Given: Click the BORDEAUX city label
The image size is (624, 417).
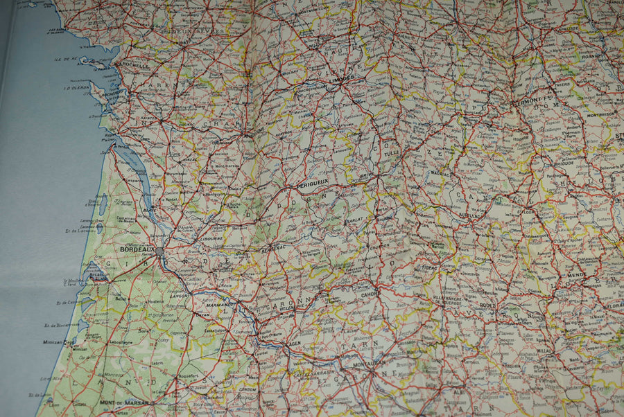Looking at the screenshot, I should click(137, 249).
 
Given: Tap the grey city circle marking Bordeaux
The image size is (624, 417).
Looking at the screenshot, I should click(160, 251).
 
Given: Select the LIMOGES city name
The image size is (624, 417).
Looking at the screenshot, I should click(342, 79).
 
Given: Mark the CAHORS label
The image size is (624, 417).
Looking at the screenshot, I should click(369, 294).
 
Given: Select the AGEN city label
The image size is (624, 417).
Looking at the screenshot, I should click(294, 344).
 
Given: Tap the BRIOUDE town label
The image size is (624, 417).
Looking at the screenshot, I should click(563, 164).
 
